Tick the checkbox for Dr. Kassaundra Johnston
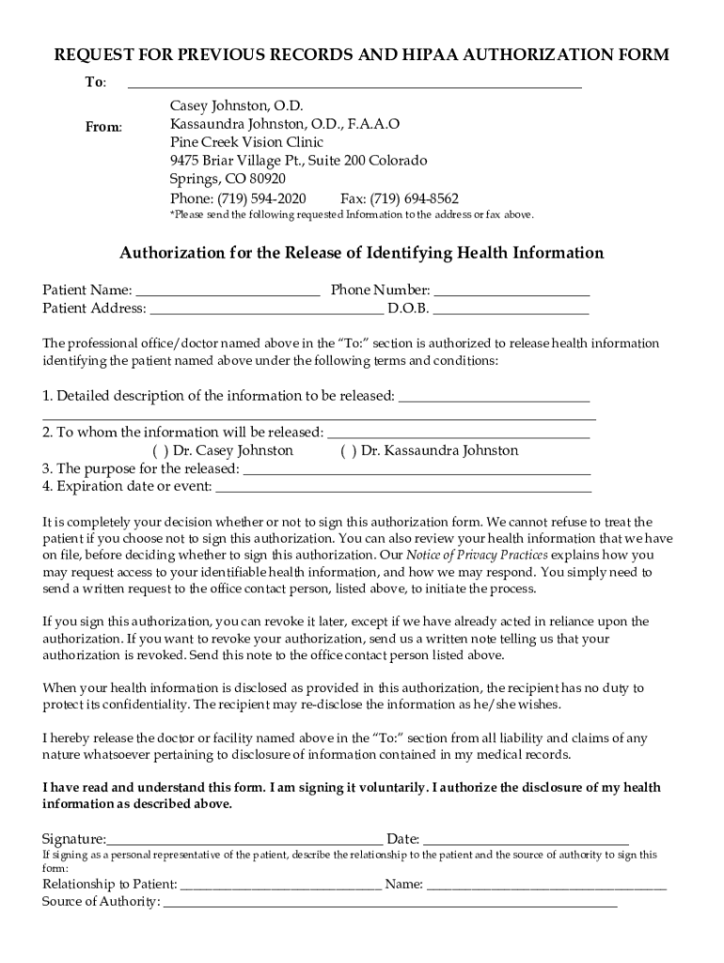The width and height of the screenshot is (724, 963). click(348, 450)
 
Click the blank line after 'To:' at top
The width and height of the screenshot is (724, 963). click(354, 86)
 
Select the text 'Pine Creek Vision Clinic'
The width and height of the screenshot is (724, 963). click(247, 142)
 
